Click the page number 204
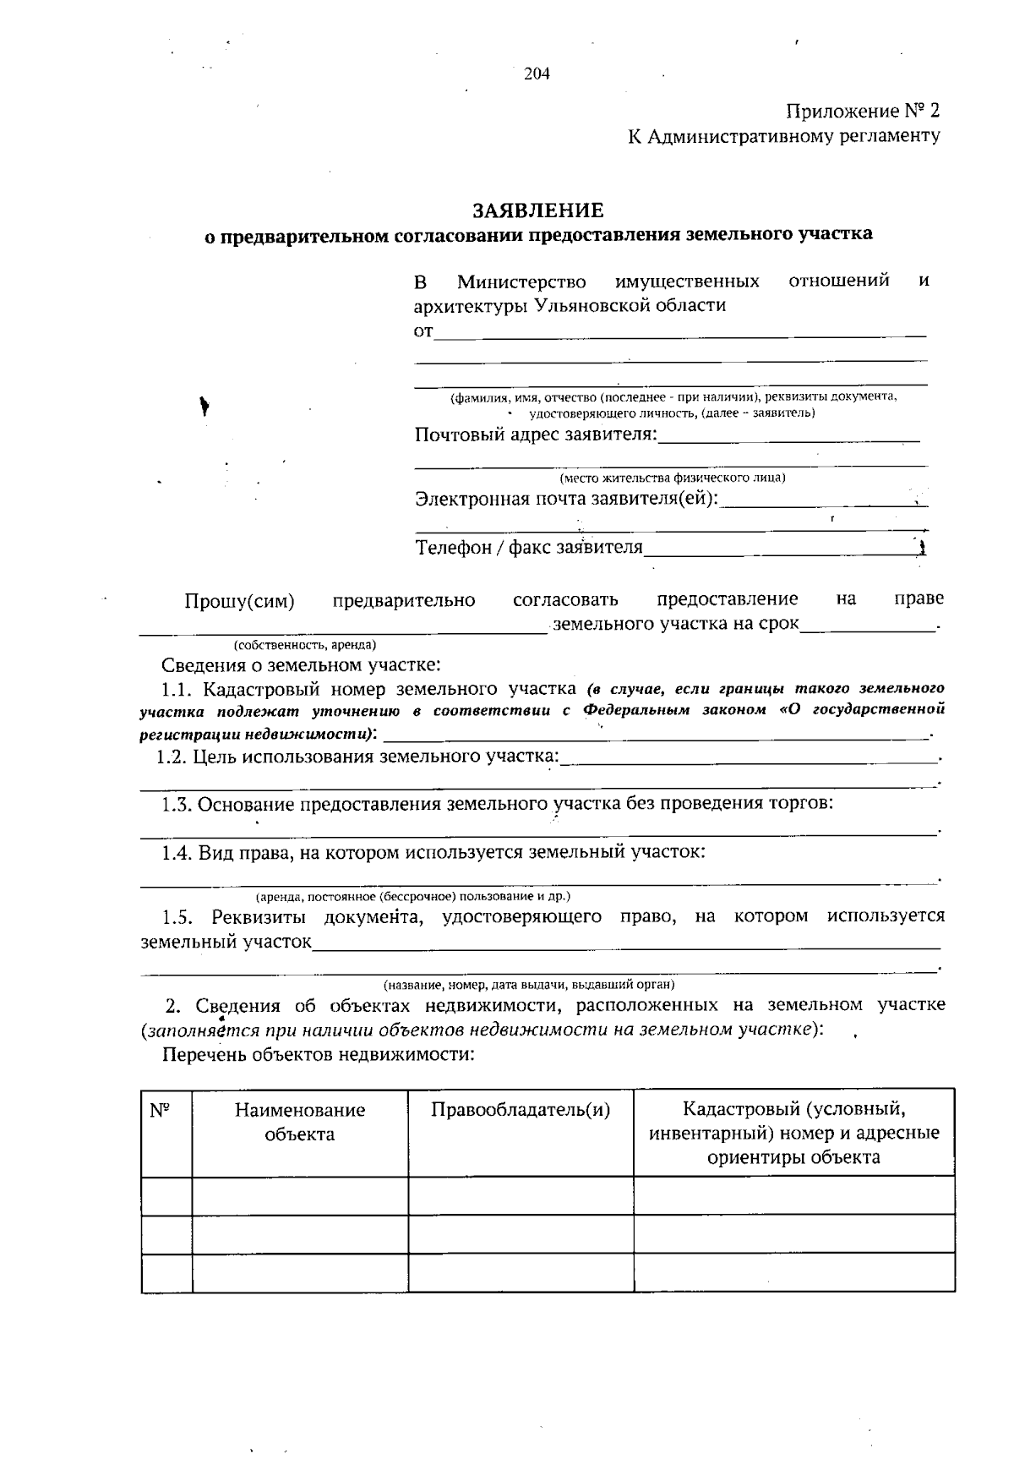(x=537, y=74)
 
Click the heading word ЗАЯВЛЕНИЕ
(x=538, y=209)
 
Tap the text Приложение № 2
(x=862, y=112)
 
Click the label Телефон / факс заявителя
(x=529, y=548)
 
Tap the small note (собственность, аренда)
(x=305, y=644)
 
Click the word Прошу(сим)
(x=239, y=601)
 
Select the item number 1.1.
(x=177, y=688)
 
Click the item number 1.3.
(x=177, y=803)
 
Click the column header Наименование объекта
(x=300, y=1122)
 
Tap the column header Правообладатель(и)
(x=521, y=1110)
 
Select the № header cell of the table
(x=161, y=1110)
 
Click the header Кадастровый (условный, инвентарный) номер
(x=793, y=1132)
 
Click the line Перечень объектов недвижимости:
(x=318, y=1054)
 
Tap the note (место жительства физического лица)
(x=672, y=478)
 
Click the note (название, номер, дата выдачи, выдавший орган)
(x=529, y=985)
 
